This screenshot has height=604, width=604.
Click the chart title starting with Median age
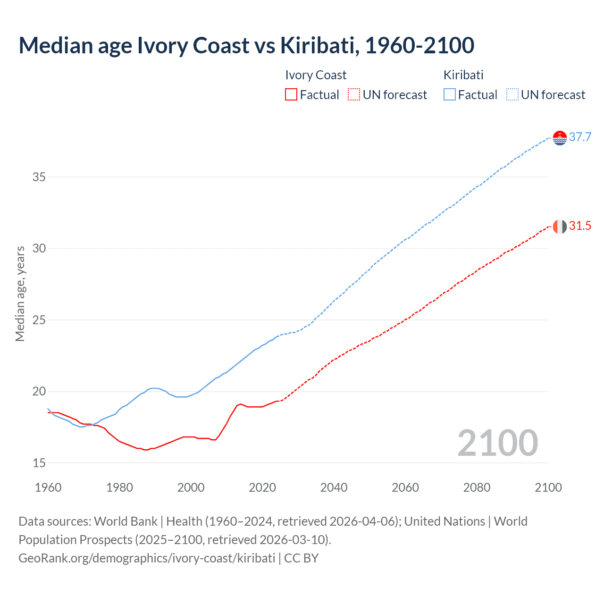[246, 45]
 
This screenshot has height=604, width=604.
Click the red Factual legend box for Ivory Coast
[291, 95]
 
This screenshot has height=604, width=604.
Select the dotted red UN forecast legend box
[354, 95]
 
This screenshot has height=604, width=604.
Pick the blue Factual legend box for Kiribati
[450, 95]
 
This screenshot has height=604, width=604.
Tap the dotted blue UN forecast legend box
[512, 95]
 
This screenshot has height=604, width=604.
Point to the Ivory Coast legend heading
[316, 75]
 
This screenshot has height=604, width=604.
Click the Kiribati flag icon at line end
[560, 138]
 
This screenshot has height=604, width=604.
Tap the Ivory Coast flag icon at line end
[560, 226]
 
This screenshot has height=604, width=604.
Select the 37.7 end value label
[580, 137]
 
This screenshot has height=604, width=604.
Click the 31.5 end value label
[580, 226]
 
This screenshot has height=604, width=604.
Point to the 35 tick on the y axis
[39, 177]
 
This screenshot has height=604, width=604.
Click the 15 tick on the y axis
[39, 463]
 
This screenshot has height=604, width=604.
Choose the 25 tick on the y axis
[39, 320]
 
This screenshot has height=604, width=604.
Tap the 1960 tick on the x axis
[48, 487]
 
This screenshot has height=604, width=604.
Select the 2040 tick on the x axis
[334, 487]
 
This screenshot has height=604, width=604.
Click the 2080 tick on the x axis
[477, 487]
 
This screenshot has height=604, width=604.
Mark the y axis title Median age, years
[20, 294]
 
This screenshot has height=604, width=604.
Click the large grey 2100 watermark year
[497, 443]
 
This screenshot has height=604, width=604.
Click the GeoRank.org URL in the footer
[147, 558]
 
